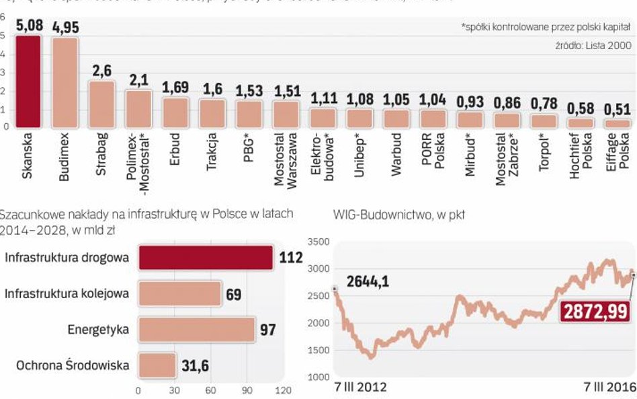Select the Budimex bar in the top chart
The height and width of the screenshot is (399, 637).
pyautogui.click(x=65, y=82)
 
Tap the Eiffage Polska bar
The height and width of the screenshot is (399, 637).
pyautogui.click(x=616, y=124)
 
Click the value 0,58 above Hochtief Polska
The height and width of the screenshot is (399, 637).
pyautogui.click(x=580, y=109)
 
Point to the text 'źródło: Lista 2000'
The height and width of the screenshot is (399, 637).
pyautogui.click(x=593, y=45)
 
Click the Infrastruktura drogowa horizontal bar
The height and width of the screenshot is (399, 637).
pyautogui.click(x=206, y=258)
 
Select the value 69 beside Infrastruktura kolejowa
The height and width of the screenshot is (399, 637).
pyautogui.click(x=233, y=294)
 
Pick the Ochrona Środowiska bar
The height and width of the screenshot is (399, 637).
pyautogui.click(x=157, y=367)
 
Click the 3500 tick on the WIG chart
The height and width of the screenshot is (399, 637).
pyautogui.click(x=318, y=241)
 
